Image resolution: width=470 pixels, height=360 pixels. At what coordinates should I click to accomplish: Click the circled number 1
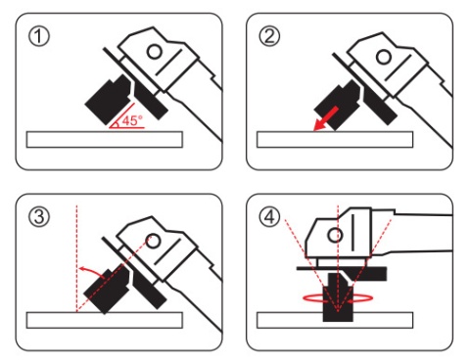(x=39, y=36)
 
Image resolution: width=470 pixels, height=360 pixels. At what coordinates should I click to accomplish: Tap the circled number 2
(x=269, y=36)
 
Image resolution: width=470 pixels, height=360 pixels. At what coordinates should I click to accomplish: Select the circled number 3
(x=39, y=217)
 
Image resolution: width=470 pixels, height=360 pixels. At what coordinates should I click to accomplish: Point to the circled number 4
(x=269, y=217)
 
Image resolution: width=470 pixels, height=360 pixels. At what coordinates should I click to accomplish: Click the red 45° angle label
(x=132, y=120)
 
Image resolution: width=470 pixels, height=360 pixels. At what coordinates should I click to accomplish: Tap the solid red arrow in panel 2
(x=325, y=118)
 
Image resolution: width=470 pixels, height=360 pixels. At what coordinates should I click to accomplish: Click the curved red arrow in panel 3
(x=93, y=271)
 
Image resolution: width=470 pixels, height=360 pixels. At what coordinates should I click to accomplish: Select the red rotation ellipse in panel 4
(x=338, y=298)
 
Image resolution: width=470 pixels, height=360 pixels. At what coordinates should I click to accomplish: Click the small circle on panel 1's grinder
(x=154, y=52)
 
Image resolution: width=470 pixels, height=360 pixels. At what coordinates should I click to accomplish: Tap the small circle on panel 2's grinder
(x=384, y=57)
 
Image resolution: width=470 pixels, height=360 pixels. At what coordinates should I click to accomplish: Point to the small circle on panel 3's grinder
(x=154, y=241)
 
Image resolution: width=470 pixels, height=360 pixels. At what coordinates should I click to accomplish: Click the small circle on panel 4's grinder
(x=335, y=235)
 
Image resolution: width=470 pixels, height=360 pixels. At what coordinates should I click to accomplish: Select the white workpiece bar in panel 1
(x=105, y=140)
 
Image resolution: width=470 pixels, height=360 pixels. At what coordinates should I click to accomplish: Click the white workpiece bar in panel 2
(x=335, y=140)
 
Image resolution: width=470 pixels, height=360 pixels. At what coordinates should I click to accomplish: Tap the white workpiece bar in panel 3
(x=105, y=320)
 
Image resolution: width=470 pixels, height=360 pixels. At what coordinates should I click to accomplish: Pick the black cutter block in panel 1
(x=109, y=100)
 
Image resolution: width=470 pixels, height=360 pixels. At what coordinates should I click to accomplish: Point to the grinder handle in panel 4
(x=423, y=233)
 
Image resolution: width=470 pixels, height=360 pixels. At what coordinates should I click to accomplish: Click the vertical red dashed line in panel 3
(x=76, y=258)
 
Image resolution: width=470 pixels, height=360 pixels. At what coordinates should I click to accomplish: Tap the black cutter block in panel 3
(x=108, y=289)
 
